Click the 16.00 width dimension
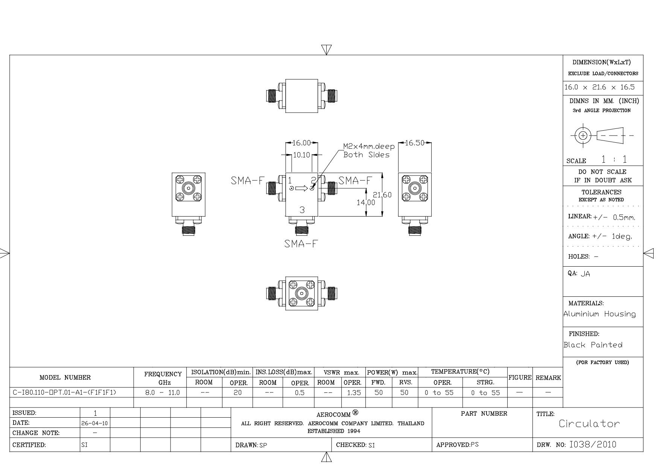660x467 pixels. click(x=302, y=143)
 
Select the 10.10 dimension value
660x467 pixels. click(x=301, y=155)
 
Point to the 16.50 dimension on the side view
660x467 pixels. click(x=415, y=143)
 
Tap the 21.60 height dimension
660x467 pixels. click(x=382, y=195)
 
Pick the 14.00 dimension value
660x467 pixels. click(x=366, y=203)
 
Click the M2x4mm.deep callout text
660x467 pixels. click(x=369, y=147)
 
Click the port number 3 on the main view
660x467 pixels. click(x=302, y=210)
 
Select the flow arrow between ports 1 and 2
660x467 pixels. click(x=302, y=188)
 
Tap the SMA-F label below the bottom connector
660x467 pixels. click(x=301, y=244)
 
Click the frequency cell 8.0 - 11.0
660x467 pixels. click(x=163, y=393)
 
